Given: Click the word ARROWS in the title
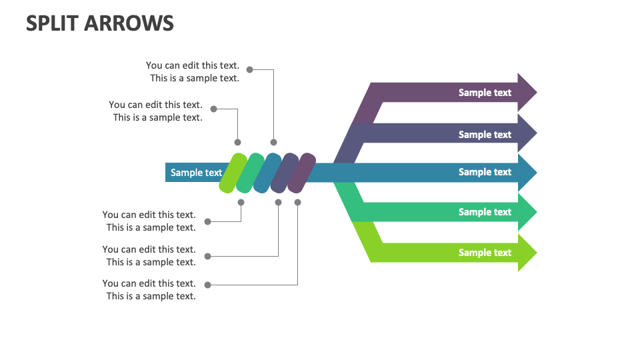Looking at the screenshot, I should coord(131,23).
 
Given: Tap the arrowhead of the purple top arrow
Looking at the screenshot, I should coord(527,93).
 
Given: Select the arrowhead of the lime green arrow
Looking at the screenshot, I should coord(527,253).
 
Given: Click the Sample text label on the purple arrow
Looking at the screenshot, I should coord(485,93).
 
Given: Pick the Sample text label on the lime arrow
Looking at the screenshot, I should coord(485,253).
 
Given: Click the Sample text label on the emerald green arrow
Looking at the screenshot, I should coord(485,212).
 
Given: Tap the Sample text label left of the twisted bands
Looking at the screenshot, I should coord(196,173).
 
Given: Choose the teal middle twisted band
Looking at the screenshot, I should coord(267,173).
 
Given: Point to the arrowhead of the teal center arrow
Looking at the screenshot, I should coord(527,172).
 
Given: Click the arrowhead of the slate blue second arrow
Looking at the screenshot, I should coord(527,133).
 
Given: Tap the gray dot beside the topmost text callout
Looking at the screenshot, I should coord(249,69).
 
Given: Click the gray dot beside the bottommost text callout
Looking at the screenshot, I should coord(207,285).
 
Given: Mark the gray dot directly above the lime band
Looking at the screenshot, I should coord(238,142).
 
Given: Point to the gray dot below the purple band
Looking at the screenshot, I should coord(297,202).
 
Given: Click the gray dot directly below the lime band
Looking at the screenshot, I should coord(241,202).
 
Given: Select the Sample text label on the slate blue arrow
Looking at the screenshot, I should coord(485,134).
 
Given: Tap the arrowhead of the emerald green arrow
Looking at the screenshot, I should coord(527,212).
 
